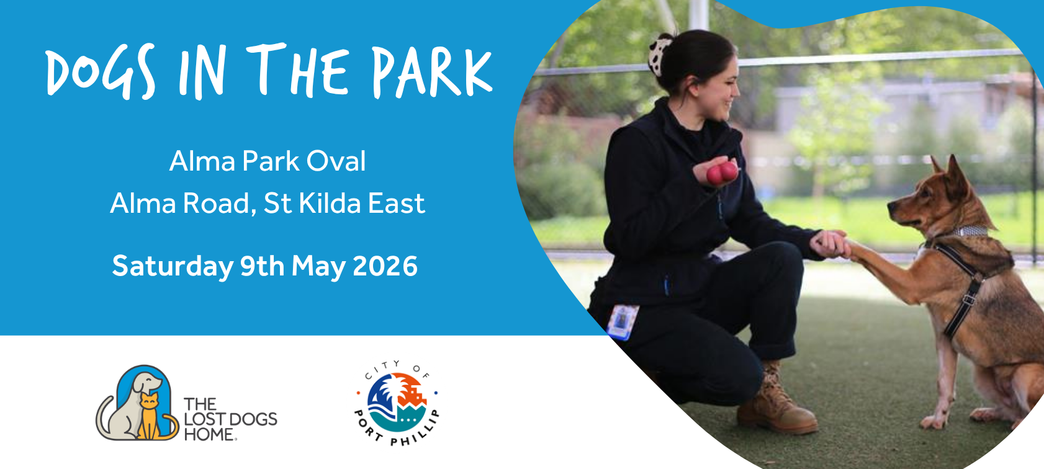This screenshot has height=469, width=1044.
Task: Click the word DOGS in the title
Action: [101, 71]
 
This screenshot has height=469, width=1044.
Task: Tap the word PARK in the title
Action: [433, 71]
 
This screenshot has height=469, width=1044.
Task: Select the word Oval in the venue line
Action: [336, 161]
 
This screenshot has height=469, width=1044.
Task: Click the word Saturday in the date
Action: [173, 267]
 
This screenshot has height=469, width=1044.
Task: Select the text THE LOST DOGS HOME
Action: [230, 419]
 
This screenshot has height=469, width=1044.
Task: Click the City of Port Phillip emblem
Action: [397, 403]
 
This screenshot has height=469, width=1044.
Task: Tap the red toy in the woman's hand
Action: [722, 172]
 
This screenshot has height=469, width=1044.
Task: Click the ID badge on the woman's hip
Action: [622, 321]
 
